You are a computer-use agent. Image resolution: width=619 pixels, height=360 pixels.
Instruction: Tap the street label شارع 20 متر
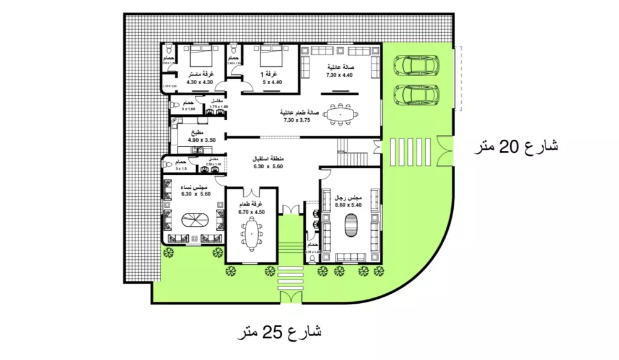coord(515,147)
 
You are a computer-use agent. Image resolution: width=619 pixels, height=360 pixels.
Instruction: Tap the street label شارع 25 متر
coord(280,333)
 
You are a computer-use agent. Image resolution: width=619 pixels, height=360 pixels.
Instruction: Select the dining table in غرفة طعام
coord(251,233)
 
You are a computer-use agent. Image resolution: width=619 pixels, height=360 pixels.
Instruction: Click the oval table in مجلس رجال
coord(350,224)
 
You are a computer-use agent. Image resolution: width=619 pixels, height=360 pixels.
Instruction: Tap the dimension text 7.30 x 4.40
coord(339,75)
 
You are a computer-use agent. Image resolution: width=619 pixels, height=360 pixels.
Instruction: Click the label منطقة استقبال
coord(267,158)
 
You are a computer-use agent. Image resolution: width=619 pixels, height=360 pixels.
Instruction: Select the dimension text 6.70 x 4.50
coord(252,212)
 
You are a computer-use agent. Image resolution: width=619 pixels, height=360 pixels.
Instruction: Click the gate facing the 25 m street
coord(289,297)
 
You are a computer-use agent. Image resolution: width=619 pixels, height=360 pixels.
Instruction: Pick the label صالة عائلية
coord(339,67)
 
